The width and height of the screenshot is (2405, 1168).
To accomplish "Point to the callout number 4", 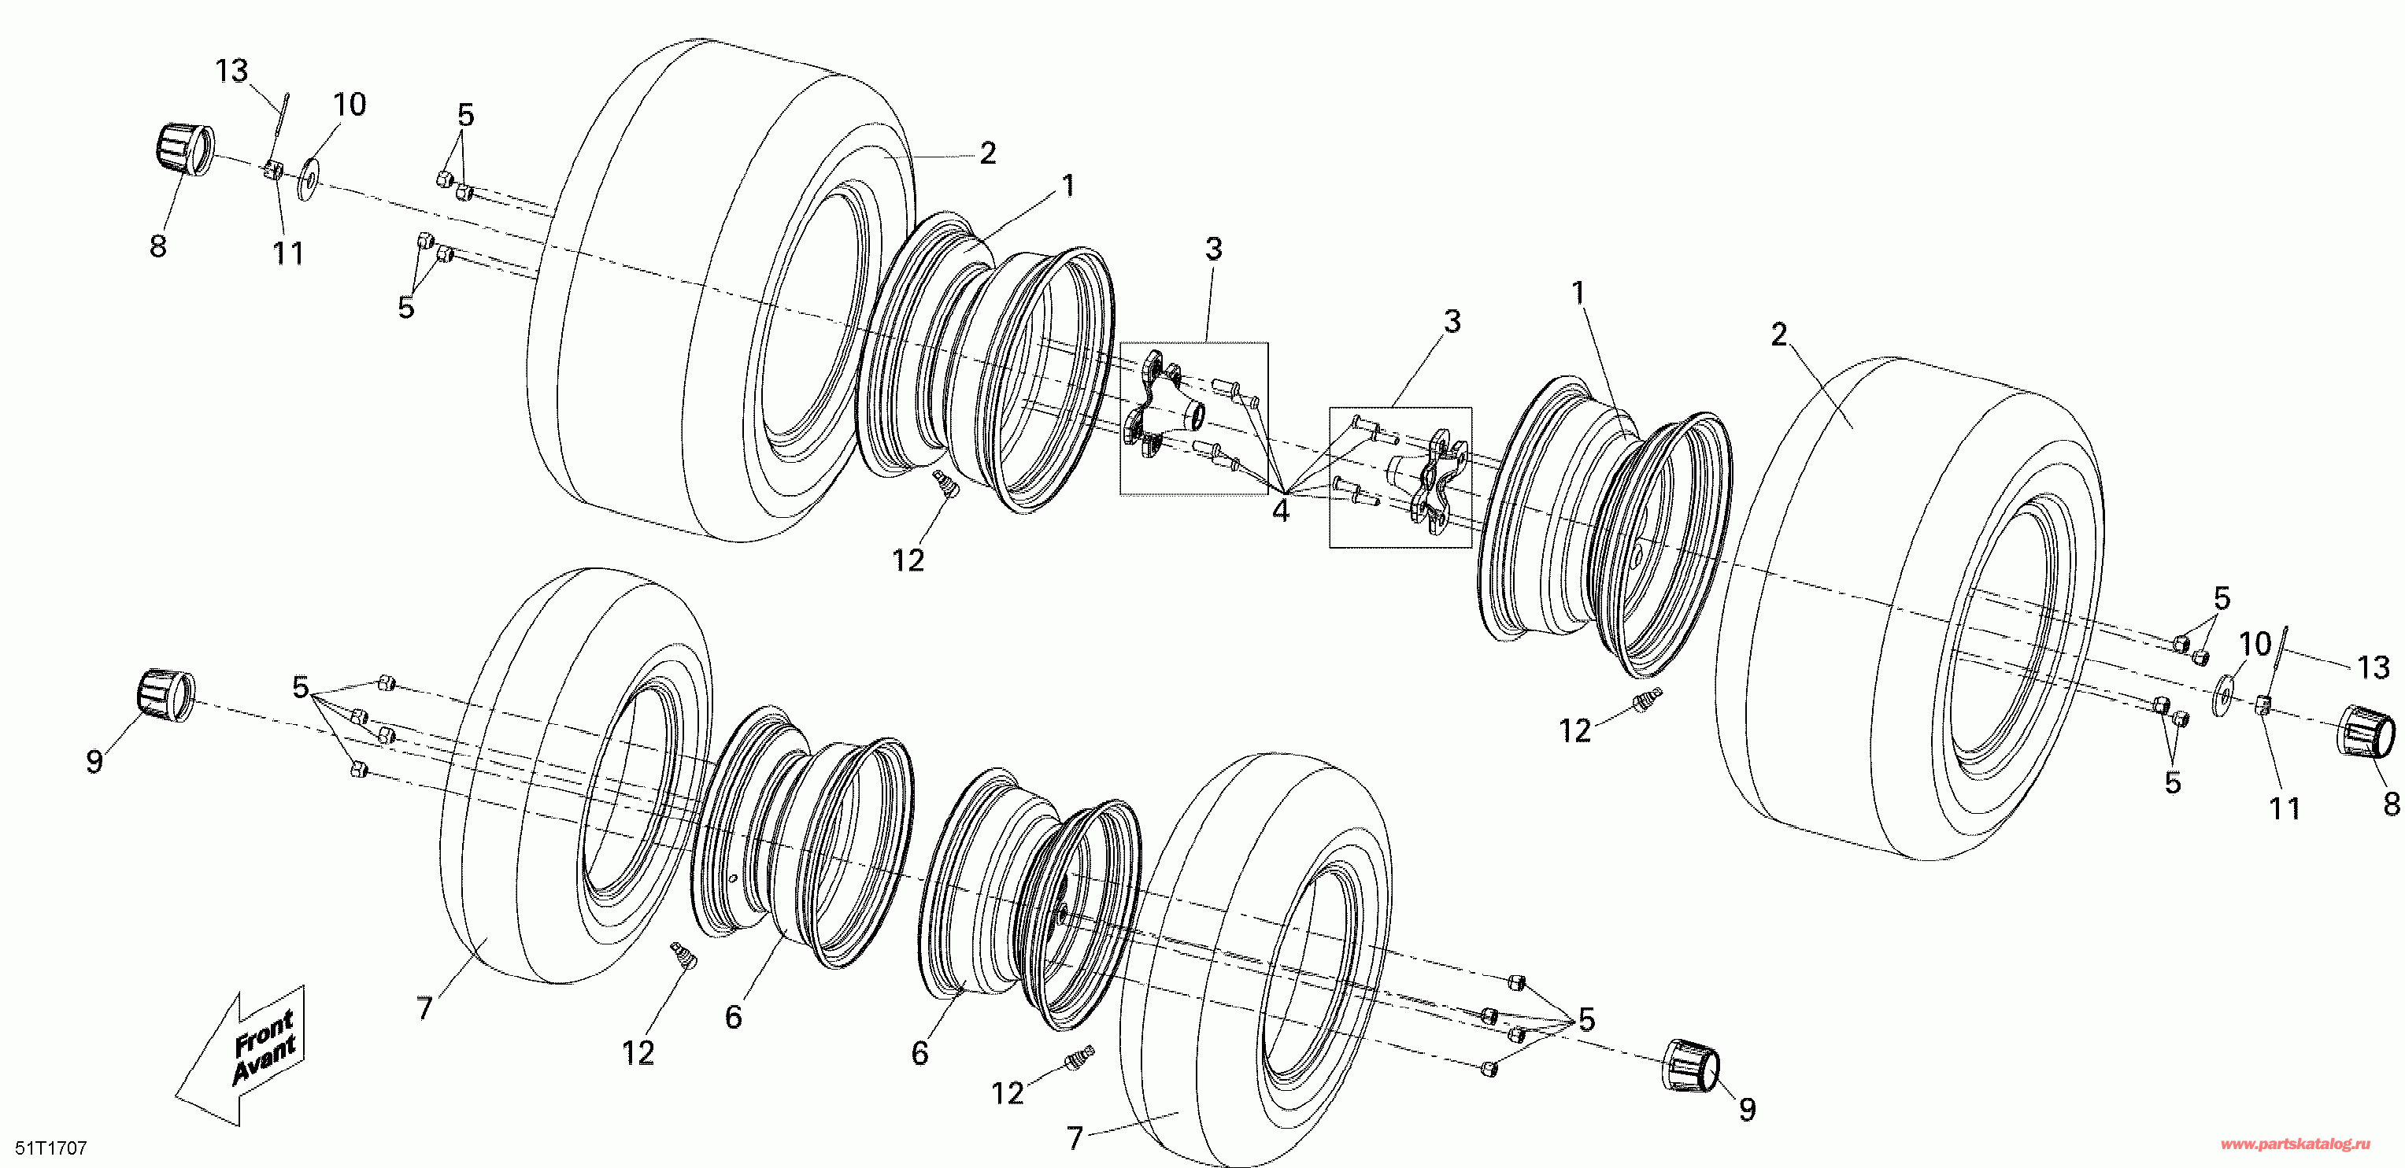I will click(x=1280, y=512).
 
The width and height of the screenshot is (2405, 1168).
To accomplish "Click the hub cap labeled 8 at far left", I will click(x=183, y=150).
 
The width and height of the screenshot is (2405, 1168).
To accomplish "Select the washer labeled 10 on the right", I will click(x=2223, y=697).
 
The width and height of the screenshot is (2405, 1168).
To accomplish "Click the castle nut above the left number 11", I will click(x=272, y=170).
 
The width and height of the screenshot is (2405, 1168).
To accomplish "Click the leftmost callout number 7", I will click(x=425, y=1007).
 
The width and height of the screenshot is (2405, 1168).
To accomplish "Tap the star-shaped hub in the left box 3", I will click(x=1158, y=408).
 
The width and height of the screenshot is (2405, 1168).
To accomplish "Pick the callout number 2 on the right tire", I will click(x=1778, y=335).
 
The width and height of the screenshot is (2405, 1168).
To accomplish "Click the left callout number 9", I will click(x=94, y=761).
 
